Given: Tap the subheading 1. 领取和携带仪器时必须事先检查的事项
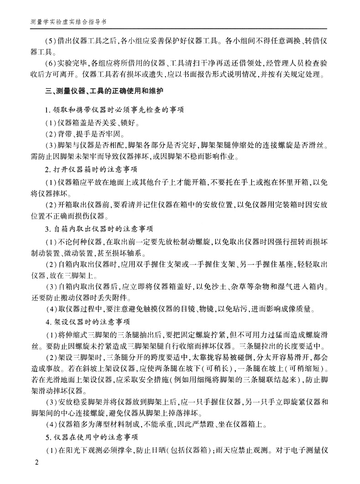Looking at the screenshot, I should pos(104,110).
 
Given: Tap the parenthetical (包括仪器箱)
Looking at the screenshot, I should pos(190,450).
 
